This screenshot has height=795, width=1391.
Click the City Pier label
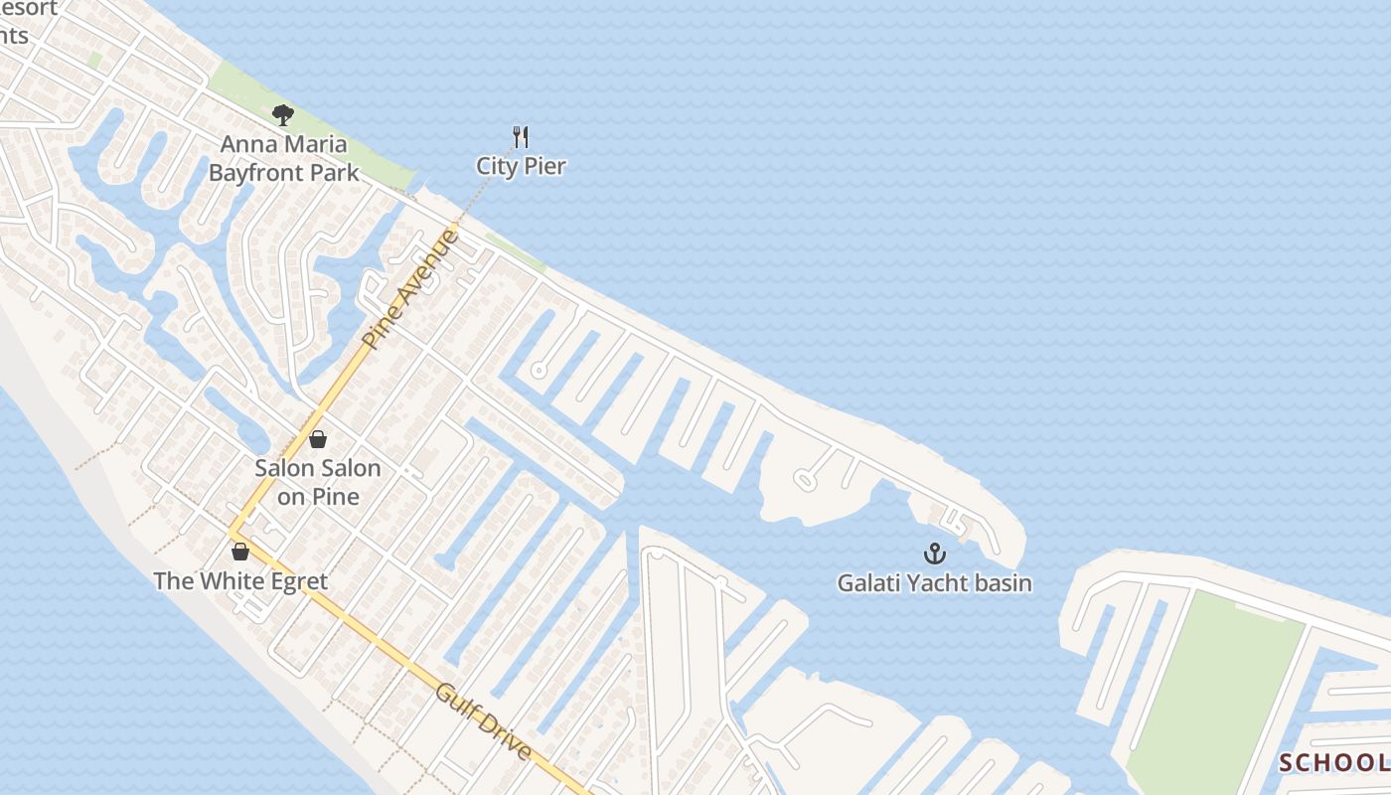(521, 166)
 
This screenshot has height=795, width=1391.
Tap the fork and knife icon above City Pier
(521, 137)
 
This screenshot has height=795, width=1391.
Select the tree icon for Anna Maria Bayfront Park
(283, 115)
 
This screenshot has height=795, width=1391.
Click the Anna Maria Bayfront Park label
(283, 158)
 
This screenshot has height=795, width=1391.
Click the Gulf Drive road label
(483, 719)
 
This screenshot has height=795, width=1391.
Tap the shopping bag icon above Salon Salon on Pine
(318, 438)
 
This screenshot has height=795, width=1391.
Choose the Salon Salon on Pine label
(318, 481)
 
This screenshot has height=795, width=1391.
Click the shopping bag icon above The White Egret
(239, 552)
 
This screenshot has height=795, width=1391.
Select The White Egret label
(240, 581)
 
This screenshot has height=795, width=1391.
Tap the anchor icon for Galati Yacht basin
(934, 554)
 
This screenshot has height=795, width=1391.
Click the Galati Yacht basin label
(934, 583)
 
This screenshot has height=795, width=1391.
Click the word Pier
(545, 166)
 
